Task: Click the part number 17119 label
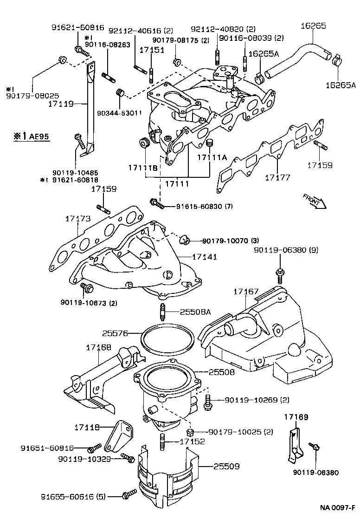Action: (x=61, y=104)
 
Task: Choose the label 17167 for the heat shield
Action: (x=245, y=292)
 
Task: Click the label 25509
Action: (x=227, y=466)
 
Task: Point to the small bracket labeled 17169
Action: (x=294, y=446)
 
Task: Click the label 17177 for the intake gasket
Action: (x=278, y=177)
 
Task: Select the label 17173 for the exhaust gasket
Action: (x=77, y=218)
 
